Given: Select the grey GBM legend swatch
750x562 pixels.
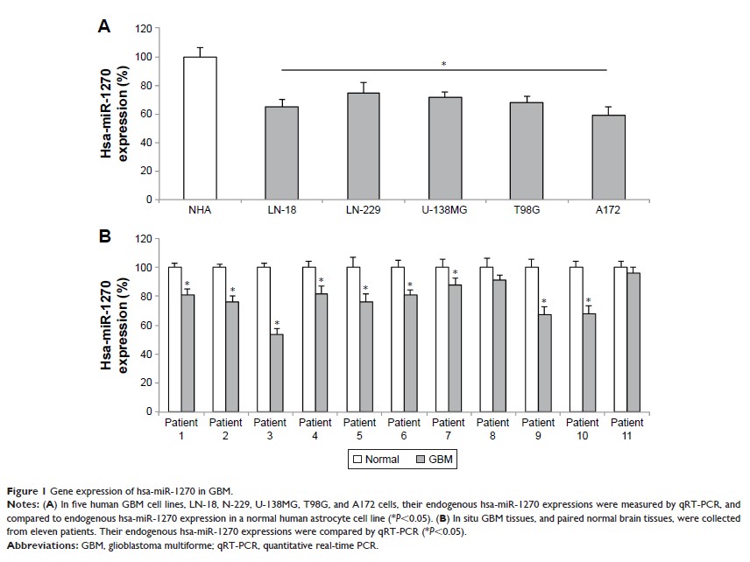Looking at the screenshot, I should point(410,459).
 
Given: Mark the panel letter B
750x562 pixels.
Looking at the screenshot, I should point(103,236).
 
